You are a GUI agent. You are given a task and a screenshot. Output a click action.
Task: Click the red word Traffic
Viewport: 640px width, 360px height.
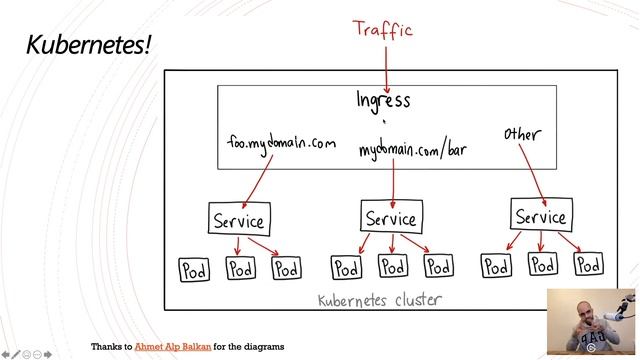pos(383,29)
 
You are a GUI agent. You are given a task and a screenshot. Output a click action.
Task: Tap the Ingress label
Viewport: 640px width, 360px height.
pos(383,100)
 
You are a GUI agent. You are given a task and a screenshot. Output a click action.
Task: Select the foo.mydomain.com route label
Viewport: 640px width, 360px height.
pos(280,145)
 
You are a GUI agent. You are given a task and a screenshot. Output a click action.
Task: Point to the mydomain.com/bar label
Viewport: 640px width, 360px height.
pos(413,151)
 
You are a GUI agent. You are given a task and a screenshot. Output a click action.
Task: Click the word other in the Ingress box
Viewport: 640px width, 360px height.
pos(522,134)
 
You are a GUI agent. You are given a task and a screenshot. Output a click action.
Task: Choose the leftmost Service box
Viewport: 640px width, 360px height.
pos(238,220)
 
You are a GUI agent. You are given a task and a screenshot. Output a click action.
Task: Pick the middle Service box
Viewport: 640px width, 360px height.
pos(390,218)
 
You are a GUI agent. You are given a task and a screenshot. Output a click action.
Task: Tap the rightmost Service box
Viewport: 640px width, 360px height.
pos(540,216)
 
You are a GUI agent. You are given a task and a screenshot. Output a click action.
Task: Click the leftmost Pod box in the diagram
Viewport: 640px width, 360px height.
pos(194,270)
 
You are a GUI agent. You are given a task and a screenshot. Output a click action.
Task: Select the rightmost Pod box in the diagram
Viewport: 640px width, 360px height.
pos(588,265)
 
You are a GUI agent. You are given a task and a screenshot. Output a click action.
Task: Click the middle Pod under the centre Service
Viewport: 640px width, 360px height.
pos(392,267)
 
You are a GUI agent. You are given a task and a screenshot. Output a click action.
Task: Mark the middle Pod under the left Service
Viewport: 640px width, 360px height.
pos(241,269)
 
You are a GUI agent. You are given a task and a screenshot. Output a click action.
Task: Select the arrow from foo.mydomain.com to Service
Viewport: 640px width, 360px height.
pos(256,180)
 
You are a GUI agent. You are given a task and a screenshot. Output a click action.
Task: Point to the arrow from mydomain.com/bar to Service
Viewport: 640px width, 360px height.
pos(393,180)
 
